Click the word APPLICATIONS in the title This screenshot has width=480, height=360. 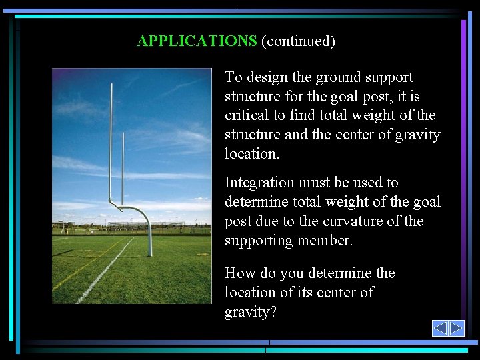coord(197,41)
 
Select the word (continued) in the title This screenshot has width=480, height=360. coord(298,41)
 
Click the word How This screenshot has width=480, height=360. coord(239,273)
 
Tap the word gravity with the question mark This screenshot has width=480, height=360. coord(250,312)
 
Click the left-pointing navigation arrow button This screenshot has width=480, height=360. coord(440,328)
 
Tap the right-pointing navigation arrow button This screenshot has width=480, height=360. coord(456,328)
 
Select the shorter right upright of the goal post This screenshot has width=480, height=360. coord(123,167)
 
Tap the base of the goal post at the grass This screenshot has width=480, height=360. coord(150,253)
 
